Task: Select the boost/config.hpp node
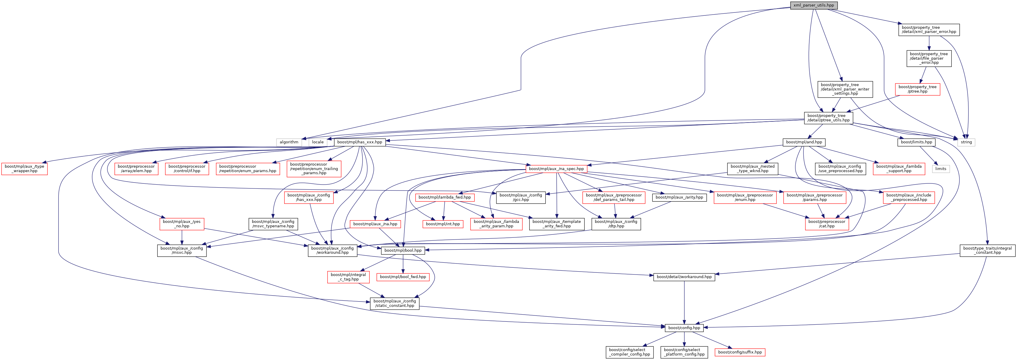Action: coord(684,328)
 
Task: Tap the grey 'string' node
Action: coord(966,142)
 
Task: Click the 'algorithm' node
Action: coord(289,142)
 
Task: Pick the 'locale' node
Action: coord(317,142)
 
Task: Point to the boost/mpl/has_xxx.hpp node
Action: coord(359,142)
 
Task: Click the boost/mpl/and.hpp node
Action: coord(804,142)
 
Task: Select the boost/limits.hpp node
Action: coord(916,142)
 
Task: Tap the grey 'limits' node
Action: coord(940,169)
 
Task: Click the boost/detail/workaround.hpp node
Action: coord(684,277)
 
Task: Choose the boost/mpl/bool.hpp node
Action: coord(403,250)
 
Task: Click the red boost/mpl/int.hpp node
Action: coord(443,224)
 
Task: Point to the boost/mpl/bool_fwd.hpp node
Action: coord(403,277)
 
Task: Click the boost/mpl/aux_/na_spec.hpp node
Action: coord(556,169)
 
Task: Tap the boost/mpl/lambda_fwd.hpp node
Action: coord(444,197)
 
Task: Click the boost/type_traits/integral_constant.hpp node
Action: coord(987,250)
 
